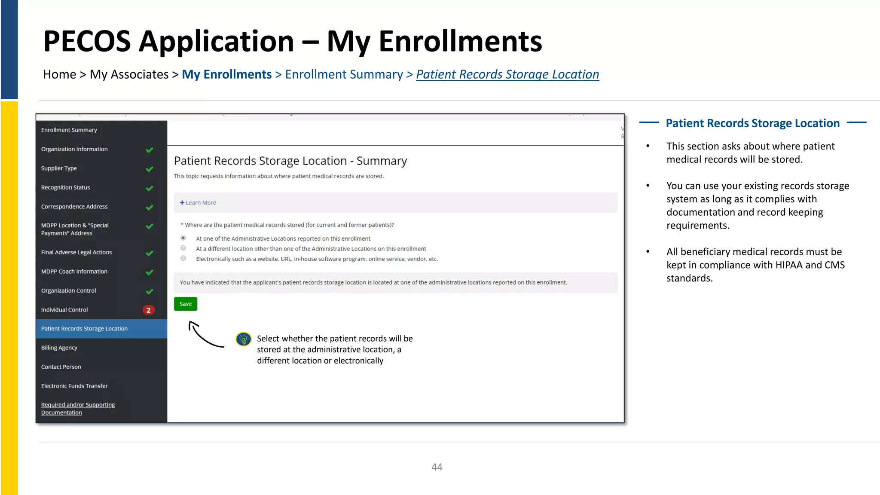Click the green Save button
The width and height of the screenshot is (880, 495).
[185, 304]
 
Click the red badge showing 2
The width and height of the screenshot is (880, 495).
[148, 310]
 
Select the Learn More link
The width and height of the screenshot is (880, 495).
[198, 203]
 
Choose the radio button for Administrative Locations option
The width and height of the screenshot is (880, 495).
[183, 238]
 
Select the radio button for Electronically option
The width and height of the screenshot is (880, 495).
[183, 258]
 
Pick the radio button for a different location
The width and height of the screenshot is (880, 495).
[183, 248]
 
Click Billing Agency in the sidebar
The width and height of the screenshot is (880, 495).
[59, 348]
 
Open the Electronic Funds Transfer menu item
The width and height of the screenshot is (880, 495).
[74, 386]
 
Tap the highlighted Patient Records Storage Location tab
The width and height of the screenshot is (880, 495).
[84, 329]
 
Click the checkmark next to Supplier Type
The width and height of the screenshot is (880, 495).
[150, 169]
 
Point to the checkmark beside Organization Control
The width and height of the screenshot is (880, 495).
[150, 292]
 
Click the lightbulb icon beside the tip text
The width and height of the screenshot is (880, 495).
[244, 339]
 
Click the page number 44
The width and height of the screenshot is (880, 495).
[437, 467]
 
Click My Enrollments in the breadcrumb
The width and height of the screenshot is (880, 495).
[226, 74]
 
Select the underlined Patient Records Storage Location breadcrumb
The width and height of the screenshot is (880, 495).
[507, 74]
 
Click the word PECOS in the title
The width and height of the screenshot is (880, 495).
[87, 41]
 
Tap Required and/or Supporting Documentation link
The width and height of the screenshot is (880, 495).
[78, 409]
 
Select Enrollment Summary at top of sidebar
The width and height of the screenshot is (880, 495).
[69, 130]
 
